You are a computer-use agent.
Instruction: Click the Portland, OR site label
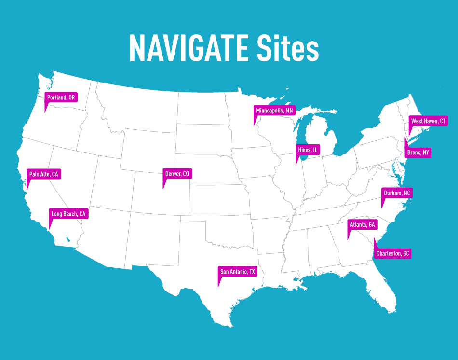tap(61, 97)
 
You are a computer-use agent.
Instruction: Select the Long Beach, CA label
tap(68, 214)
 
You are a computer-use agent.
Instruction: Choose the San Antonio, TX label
tap(238, 272)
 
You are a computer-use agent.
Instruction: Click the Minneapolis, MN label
tap(274, 111)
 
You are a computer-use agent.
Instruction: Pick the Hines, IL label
tap(308, 150)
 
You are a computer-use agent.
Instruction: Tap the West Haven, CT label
tap(429, 121)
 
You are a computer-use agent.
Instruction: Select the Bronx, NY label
tap(418, 153)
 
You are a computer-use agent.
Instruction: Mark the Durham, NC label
tap(397, 193)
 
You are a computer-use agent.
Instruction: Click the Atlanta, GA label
tap(362, 225)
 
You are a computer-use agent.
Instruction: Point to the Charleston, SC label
tap(393, 253)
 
